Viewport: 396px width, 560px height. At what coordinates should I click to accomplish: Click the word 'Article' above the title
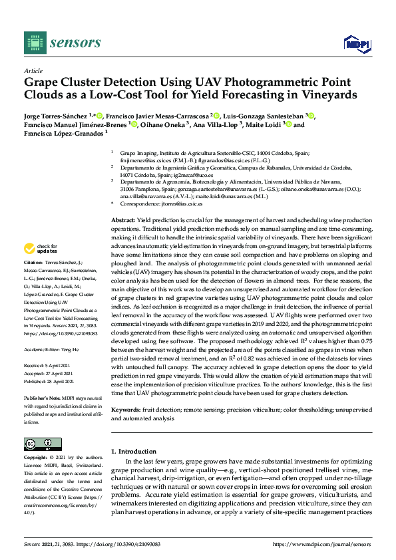coord(33,70)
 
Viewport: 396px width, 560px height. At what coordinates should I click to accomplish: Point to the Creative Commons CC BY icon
coord(39,444)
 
